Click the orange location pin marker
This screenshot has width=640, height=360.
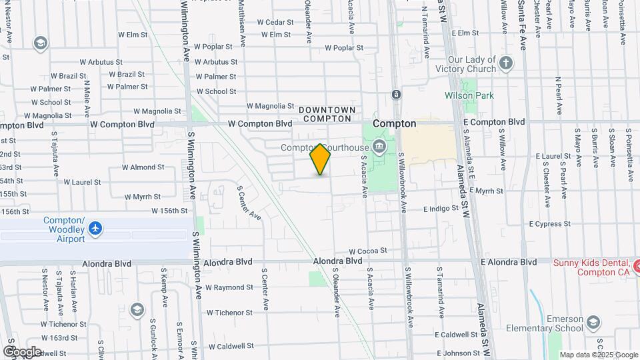pyautogui.click(x=320, y=159)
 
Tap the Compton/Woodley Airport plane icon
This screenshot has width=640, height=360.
pyautogui.click(x=96, y=229)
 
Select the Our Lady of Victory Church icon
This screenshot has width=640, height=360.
pyautogui.click(x=506, y=64)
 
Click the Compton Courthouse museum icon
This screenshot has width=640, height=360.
pyautogui.click(x=380, y=146)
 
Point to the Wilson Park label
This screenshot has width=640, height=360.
pyautogui.click(x=469, y=95)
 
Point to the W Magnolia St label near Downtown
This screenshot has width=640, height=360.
pyautogui.click(x=270, y=106)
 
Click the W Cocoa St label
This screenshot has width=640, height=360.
pyautogui.click(x=367, y=251)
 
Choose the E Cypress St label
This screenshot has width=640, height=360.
pyautogui.click(x=551, y=224)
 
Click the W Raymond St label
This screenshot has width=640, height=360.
pyautogui.click(x=229, y=287)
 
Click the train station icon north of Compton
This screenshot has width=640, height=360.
pyautogui.click(x=396, y=95)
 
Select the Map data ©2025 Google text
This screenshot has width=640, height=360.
pyautogui.click(x=599, y=355)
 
